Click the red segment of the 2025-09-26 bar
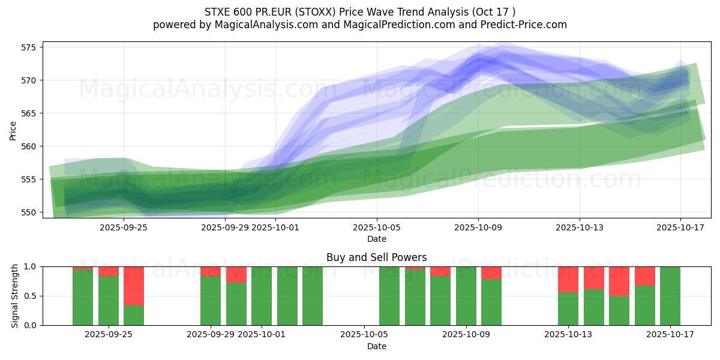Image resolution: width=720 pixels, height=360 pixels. tap(134, 286)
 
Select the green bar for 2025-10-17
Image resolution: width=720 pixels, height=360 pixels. tap(670, 296)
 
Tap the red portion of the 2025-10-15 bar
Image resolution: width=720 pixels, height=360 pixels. tap(619, 281)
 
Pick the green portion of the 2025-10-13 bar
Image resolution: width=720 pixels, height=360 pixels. tap(568, 308)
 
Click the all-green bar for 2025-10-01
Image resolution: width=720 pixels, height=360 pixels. tap(262, 296)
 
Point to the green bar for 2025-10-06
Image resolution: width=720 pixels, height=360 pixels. tap(389, 296)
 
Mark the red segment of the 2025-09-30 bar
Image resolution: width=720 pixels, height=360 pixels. tap(236, 274)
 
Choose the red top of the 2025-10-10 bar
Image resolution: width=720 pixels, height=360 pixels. tap(491, 272)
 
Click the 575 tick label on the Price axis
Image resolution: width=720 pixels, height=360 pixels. tap(29, 47)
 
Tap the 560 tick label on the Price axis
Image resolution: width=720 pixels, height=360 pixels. tap(29, 146)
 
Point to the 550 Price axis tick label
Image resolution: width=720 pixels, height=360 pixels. tap(29, 212)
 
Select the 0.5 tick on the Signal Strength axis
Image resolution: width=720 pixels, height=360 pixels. tap(31, 296)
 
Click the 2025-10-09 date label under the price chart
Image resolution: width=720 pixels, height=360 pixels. tap(478, 227)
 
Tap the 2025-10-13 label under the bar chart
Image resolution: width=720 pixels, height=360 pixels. tap(568, 335)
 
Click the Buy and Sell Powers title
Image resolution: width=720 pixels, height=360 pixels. tap(376, 257)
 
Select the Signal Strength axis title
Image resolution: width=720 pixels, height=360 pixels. tap(15, 296)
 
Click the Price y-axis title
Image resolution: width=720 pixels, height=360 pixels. tap(13, 130)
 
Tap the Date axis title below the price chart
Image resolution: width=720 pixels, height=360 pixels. tap(377, 239)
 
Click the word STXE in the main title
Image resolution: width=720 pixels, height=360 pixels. tap(218, 12)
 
